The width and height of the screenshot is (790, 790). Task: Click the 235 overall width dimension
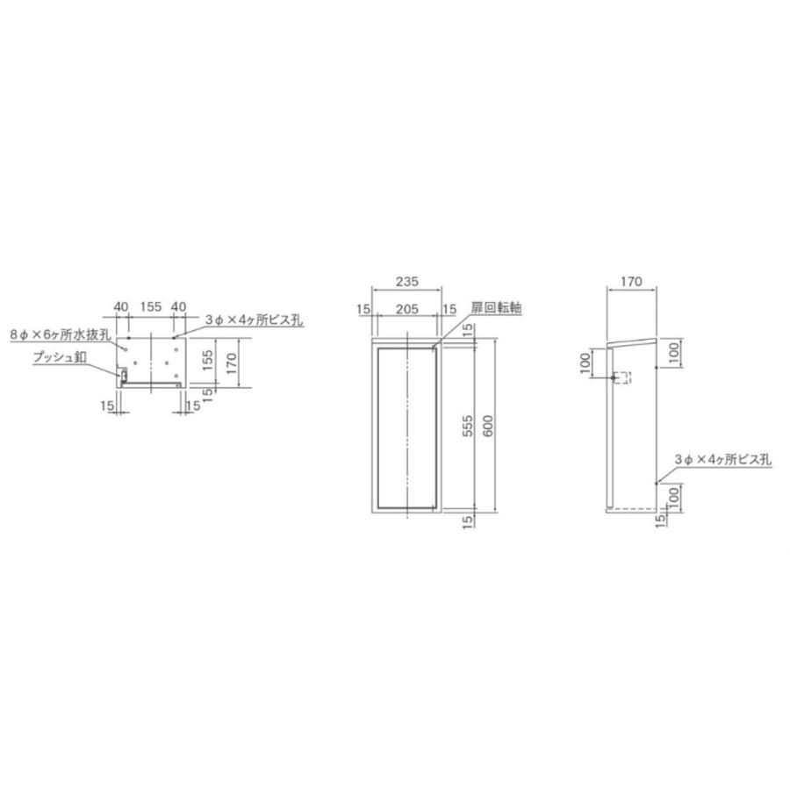click(406, 282)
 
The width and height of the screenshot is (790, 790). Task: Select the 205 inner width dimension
click(406, 308)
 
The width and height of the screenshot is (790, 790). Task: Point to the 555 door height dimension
click(469, 425)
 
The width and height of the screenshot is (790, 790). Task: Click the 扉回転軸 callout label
click(496, 309)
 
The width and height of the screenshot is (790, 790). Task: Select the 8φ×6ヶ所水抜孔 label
click(59, 334)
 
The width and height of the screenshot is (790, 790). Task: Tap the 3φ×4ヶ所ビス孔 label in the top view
click(254, 320)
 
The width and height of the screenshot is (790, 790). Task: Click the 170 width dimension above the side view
click(630, 282)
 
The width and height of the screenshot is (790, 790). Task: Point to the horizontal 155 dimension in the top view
click(150, 306)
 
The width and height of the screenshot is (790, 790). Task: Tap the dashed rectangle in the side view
click(622, 378)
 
